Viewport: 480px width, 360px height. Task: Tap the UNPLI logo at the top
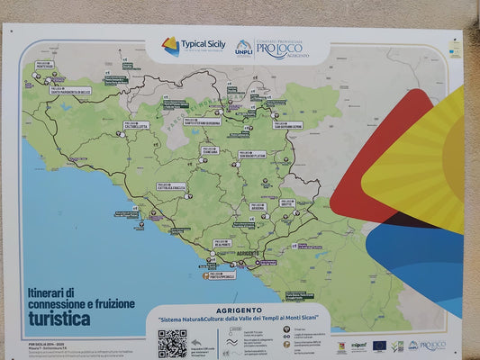pyautogui.click(x=243, y=47)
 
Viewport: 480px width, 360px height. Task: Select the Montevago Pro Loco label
pyautogui.click(x=44, y=65)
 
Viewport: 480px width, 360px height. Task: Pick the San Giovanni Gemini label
pyautogui.click(x=287, y=125)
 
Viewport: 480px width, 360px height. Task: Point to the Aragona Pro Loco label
pyautogui.click(x=258, y=207)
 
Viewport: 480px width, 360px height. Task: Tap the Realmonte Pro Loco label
pyautogui.click(x=223, y=243)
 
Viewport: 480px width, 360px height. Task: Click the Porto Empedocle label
pyautogui.click(x=218, y=275)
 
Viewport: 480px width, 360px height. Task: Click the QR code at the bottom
pyautogui.click(x=172, y=343)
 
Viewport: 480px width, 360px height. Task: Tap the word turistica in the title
pyautogui.click(x=59, y=319)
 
